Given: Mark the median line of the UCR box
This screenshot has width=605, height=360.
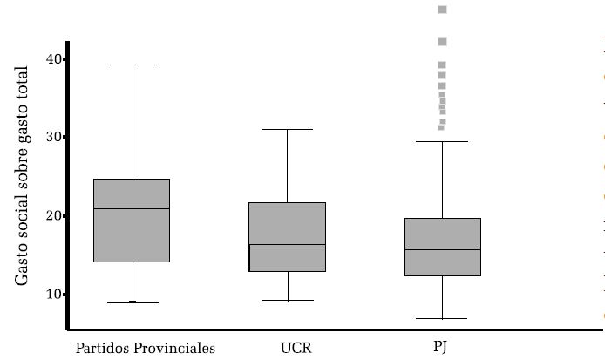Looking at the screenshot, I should [x=288, y=244].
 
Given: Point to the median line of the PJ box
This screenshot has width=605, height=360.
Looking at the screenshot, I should [x=442, y=249].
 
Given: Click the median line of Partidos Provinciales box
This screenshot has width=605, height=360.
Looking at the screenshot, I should [x=133, y=208].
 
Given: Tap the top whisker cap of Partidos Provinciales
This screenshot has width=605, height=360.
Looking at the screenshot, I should [x=133, y=65].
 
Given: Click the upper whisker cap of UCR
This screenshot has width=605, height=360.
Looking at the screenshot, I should [x=288, y=129].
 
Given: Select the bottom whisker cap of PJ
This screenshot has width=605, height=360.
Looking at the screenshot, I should [x=442, y=319].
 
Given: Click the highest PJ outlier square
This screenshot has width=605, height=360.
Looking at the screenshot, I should [x=442, y=10].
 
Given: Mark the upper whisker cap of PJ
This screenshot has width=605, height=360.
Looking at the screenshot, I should [x=442, y=141].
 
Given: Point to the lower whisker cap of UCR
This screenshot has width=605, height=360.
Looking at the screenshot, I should [x=288, y=300].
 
